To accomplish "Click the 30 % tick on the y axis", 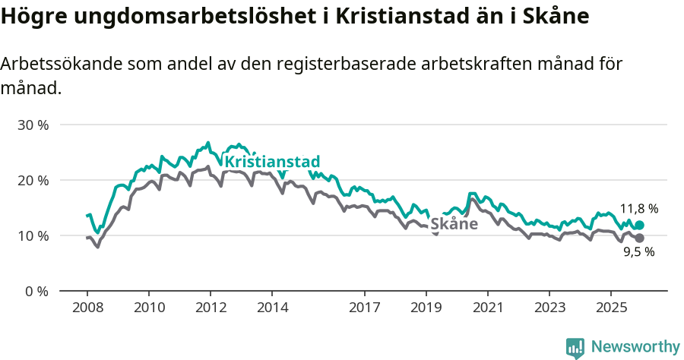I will point(32,125).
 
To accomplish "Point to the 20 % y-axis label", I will point(32,180).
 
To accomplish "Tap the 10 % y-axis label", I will point(32,235).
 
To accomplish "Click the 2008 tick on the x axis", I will point(87,308).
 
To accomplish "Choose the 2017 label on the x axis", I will point(364,308).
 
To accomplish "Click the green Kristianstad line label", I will point(272,162).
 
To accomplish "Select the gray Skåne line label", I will point(454,224).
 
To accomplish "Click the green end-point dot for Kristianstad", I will point(639,225).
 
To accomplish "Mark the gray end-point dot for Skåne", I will point(639,238).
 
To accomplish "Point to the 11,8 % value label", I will point(638,208).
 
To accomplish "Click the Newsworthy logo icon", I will point(575,348).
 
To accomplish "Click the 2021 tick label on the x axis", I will point(487,308).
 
